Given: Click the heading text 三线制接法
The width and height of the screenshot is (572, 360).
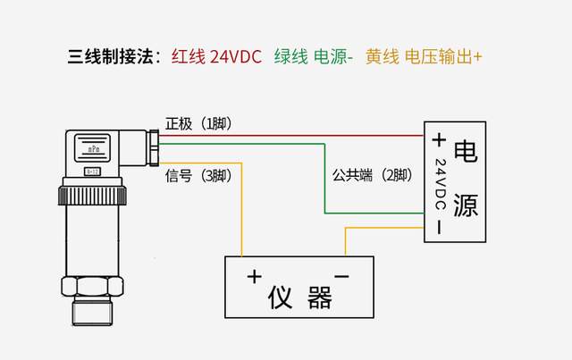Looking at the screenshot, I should click(x=109, y=57).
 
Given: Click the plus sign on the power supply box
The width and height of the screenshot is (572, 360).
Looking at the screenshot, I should click(x=438, y=140).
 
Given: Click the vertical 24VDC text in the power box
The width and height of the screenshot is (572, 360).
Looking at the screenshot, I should click(x=439, y=185).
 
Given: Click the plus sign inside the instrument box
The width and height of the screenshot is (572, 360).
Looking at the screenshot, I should click(x=254, y=276).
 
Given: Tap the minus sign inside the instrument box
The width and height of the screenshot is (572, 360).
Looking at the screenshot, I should click(x=341, y=276).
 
